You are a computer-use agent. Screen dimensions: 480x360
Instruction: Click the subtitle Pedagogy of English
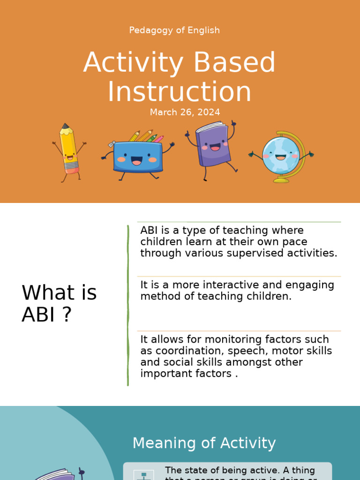point(174,30)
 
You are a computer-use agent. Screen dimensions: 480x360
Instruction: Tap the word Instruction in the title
point(180,92)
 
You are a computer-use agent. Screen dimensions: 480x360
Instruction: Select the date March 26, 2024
point(185,112)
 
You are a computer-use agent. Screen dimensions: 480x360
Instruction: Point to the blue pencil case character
point(137,157)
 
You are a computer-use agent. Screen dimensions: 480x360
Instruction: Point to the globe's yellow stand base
point(281,180)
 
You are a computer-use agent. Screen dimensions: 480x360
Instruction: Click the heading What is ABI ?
point(59,304)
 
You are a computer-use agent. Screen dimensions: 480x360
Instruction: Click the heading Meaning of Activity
point(204,443)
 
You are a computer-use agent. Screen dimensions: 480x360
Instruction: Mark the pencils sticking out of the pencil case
point(146,136)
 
